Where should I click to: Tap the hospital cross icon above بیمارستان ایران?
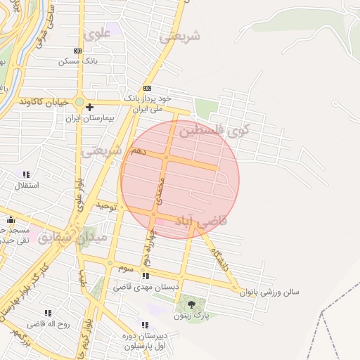click(x=89, y=107)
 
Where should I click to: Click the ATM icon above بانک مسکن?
click(x=77, y=51)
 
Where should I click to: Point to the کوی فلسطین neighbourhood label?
click(x=214, y=130)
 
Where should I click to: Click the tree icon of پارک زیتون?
click(x=191, y=304)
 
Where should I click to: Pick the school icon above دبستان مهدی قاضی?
click(x=145, y=276)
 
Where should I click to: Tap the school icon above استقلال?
click(x=26, y=174)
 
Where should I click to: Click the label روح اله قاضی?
click(x=49, y=325)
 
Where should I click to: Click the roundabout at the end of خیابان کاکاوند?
click(x=79, y=103)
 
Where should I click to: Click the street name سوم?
click(x=125, y=268)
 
